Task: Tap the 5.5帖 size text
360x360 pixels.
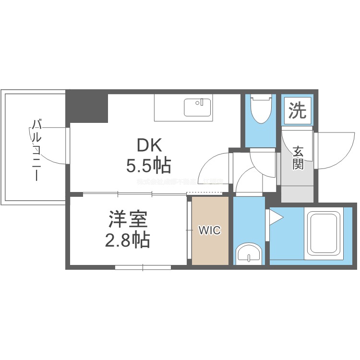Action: click(149, 166)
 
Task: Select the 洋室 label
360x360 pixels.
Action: click(127, 219)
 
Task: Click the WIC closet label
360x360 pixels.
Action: click(210, 230)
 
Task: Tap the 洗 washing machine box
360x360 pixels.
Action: click(298, 111)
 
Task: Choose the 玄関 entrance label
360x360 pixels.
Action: click(298, 159)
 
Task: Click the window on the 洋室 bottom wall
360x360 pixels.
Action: click(143, 267)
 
